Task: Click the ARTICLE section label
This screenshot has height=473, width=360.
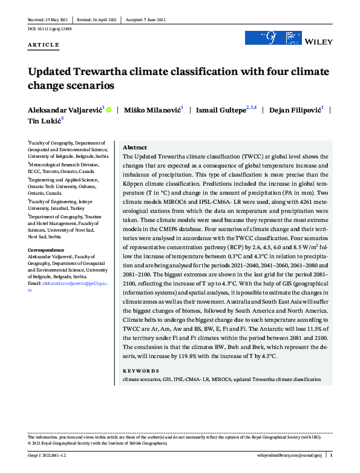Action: pyautogui.click(x=43, y=45)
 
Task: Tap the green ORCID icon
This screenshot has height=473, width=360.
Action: pyautogui.click(x=108, y=109)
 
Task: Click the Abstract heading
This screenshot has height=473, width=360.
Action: pyautogui.click(x=134, y=148)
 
